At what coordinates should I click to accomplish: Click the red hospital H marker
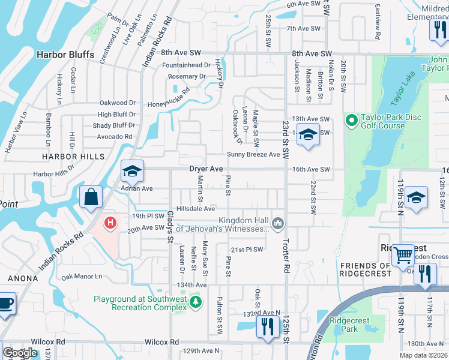click(110, 224)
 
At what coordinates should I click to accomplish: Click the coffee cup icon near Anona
click(5, 303)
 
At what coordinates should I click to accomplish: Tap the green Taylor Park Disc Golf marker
click(352, 121)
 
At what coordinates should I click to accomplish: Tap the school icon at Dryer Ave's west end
click(132, 172)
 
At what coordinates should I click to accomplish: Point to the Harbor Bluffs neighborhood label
click(65, 55)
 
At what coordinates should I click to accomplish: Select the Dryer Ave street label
click(206, 169)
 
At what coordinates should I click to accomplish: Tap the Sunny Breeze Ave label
click(253, 155)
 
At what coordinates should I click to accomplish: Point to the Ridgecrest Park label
click(350, 325)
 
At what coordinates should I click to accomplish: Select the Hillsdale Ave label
click(195, 209)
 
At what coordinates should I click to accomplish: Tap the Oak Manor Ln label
click(82, 277)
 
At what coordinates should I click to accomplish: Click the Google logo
click(20, 353)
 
